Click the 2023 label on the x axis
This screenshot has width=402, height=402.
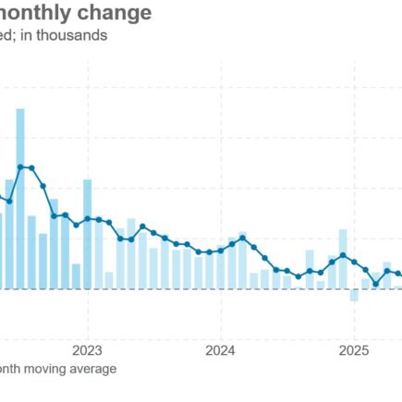pos(87,350)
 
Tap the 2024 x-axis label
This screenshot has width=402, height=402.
pos(220,350)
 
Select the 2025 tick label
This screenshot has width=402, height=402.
pos(354,350)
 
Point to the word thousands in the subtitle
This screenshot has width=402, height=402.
pos(75,36)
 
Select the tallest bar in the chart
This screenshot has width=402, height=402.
pos(20,199)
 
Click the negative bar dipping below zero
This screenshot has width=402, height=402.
pos(354,295)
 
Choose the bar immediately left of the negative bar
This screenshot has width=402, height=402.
pos(343,260)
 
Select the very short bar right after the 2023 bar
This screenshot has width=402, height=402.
pos(109,280)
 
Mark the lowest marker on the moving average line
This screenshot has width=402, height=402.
pos(376,283)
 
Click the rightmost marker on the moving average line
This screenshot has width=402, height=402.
pos(398,274)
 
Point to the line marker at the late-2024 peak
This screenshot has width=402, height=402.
pos(343,255)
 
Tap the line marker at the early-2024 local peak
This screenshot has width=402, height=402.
pos(242,238)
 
